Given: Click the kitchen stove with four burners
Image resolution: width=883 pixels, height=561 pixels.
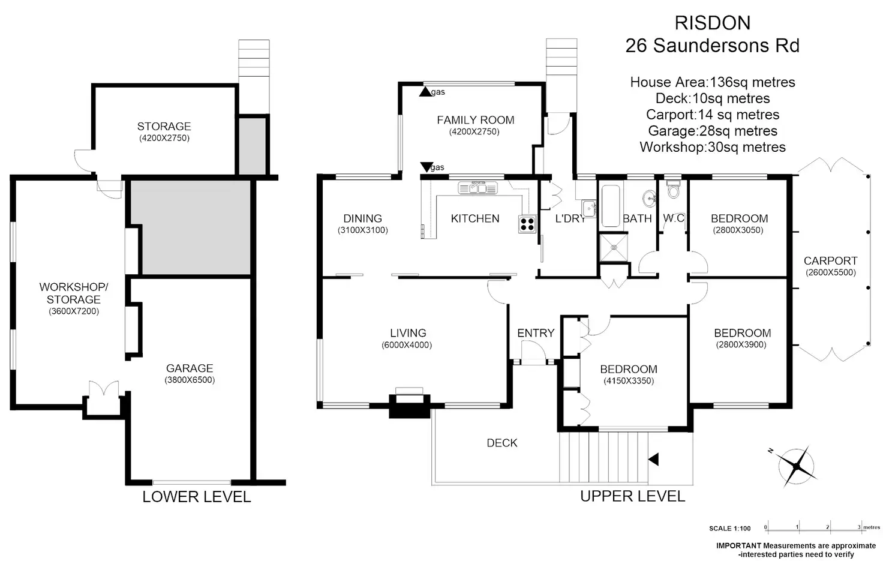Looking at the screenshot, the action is coord(527,224).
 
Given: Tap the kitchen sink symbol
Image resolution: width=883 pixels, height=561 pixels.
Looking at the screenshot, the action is coord(478,188).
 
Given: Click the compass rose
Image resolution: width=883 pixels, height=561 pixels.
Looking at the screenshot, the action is coord(797,466).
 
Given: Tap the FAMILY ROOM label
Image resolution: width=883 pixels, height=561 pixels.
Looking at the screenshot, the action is coord(475,120).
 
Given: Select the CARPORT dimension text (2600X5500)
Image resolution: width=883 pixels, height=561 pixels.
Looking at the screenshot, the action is coord(830,272).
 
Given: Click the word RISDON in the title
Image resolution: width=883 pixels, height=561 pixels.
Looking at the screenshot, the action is coord(712,23).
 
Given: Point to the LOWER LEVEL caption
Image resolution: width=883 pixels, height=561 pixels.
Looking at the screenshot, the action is coord(196,497).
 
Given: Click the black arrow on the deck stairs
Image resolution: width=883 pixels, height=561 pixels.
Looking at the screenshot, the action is coord(653,460).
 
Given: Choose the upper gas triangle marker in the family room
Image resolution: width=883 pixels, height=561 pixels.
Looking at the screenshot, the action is coord(425,92).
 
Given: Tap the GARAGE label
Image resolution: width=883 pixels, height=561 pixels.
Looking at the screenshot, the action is coord(190,368).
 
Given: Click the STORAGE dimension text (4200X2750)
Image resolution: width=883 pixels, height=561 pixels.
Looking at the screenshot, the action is coord(164,138).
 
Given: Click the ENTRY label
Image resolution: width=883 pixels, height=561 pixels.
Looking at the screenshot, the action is coord(536,333).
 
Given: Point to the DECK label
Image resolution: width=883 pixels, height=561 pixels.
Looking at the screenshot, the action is coord(502,443).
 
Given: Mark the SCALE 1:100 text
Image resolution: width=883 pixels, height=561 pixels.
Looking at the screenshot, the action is coord(729,529).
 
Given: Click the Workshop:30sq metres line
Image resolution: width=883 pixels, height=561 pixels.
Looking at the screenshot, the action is coord(712,147).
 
